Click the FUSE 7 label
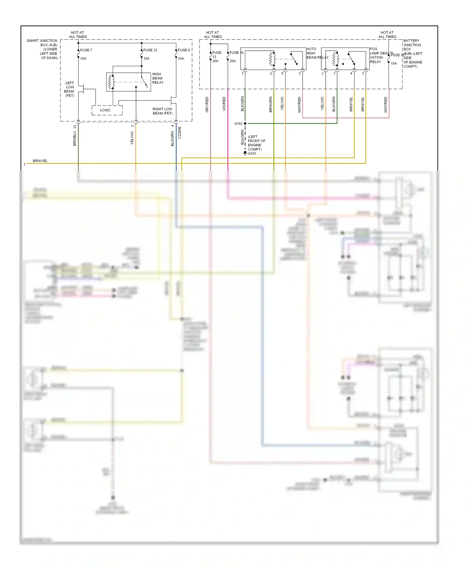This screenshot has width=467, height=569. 86,50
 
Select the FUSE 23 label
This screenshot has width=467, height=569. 150,50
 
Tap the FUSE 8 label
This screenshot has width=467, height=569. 184,50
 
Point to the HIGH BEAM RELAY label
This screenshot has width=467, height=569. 158,78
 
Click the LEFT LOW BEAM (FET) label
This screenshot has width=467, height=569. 69,89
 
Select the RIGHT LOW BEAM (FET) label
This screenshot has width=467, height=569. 162,111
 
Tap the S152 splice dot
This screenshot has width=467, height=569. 245,124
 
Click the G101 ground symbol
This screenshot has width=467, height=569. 245,153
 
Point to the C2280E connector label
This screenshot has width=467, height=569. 180,133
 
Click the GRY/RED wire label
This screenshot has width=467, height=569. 207,105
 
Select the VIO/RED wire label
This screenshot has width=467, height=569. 224,104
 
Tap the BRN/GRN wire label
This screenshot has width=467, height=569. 271,105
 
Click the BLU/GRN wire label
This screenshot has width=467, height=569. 172,139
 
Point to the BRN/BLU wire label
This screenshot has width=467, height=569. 75,139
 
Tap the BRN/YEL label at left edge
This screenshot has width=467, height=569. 40,161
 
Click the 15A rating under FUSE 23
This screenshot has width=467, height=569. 146,59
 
